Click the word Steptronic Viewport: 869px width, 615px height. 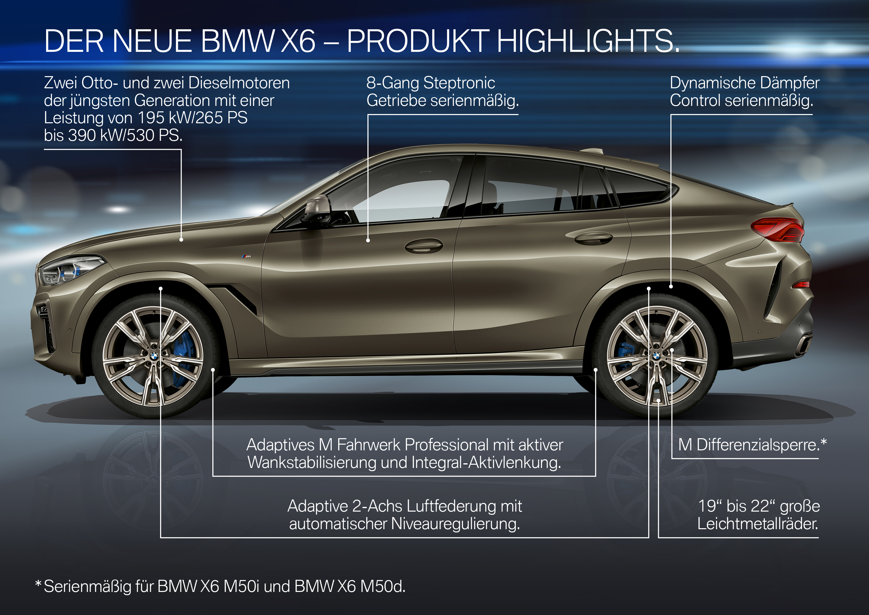pos(459,83)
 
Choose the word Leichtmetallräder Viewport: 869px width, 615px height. pos(758,524)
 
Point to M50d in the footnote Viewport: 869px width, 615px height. pos(382,586)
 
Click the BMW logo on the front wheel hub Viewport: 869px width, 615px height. pos(154,356)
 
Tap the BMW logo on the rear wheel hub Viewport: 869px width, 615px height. pos(656,356)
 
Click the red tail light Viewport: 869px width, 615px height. pos(779,229)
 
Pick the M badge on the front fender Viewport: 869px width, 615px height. pos(246,256)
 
